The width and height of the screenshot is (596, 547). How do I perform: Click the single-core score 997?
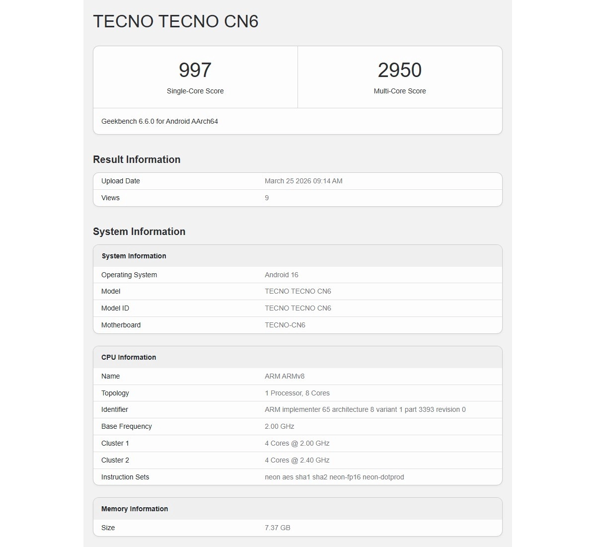point(195,70)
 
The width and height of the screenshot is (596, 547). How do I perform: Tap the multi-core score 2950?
point(400,70)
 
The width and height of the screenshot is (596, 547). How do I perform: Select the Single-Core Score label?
point(195,91)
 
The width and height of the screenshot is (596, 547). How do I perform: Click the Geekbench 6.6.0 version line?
point(159,121)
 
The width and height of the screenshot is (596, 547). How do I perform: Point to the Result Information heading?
point(137,159)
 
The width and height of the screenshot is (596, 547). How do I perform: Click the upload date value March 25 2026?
point(303,181)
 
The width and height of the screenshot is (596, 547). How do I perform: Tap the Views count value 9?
point(267,198)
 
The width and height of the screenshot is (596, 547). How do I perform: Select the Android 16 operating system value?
point(282,275)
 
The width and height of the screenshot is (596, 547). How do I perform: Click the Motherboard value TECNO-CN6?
point(285,325)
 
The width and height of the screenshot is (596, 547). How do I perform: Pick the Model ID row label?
point(115,308)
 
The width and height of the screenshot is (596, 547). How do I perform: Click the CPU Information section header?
point(129,357)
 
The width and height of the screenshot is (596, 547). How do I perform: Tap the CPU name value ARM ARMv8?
point(285,376)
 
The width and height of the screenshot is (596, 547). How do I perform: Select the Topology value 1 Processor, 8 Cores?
point(297,393)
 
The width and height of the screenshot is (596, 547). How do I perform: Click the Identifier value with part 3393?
point(365,409)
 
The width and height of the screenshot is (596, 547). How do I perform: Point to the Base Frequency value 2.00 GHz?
point(280,426)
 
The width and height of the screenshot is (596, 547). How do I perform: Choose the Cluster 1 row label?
point(115,443)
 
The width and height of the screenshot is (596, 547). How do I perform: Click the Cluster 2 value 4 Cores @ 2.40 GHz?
point(297,460)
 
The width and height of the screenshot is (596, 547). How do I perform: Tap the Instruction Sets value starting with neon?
point(334,477)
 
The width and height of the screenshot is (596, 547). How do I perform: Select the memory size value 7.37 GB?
point(278,528)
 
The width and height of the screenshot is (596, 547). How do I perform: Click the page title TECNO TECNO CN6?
point(176,21)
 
